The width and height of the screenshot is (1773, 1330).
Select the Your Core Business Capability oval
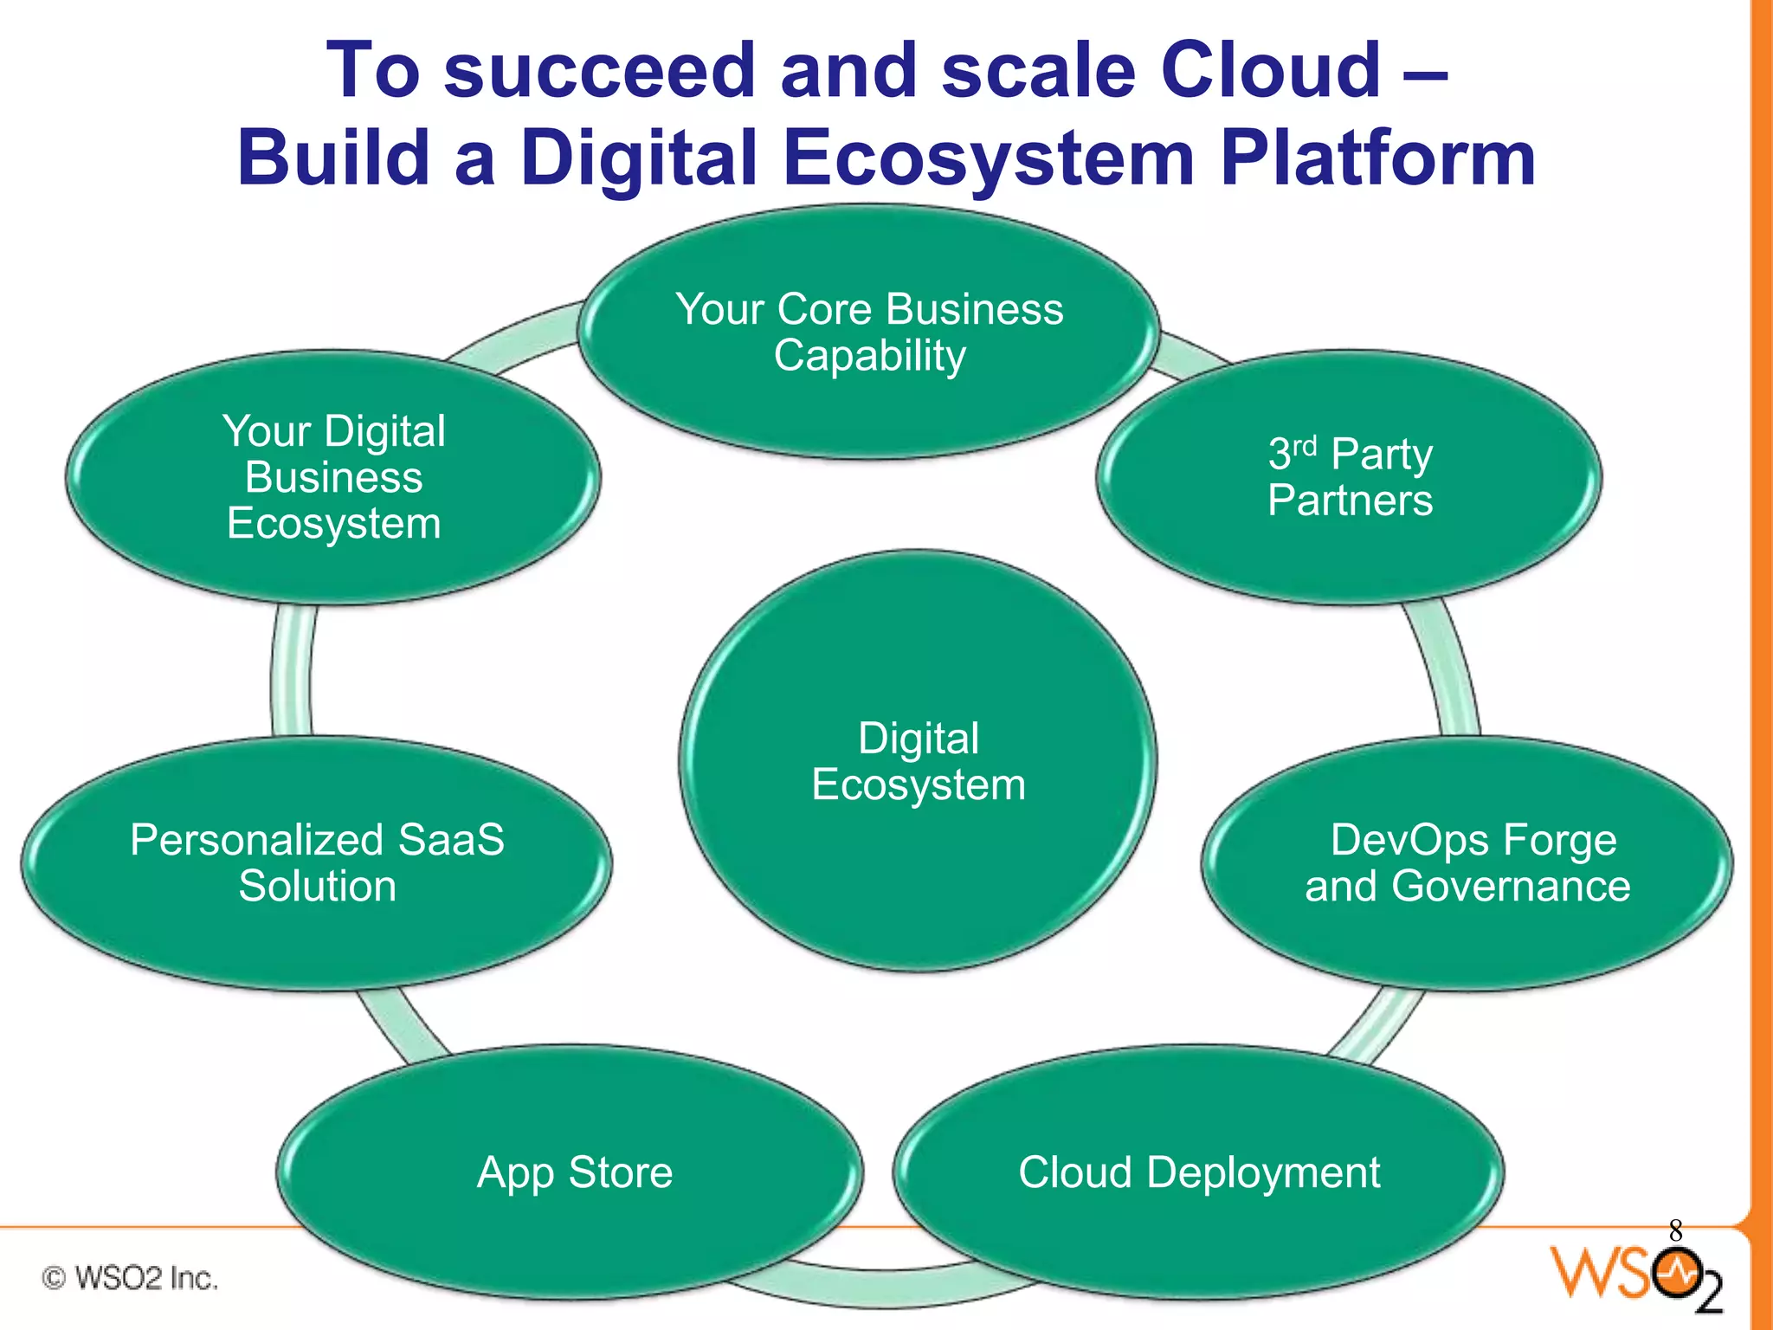click(868, 332)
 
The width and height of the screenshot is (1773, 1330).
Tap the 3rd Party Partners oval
click(1349, 477)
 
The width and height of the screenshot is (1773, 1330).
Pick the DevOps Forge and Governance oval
click(1467, 863)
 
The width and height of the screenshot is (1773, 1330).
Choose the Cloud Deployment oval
click(1199, 1172)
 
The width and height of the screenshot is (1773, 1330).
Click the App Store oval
click(571, 1172)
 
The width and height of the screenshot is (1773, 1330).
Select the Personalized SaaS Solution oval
click(317, 863)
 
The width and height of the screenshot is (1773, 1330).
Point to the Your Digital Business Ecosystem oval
click(333, 477)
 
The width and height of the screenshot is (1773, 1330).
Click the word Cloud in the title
click(1270, 71)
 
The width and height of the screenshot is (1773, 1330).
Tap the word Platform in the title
click(1377, 158)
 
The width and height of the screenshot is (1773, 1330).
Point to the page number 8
click(1675, 1230)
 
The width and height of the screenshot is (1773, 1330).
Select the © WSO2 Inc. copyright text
click(130, 1277)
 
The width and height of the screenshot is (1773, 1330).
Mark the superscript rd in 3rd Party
click(1305, 446)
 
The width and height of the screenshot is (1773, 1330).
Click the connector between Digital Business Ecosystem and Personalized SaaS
click(292, 671)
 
